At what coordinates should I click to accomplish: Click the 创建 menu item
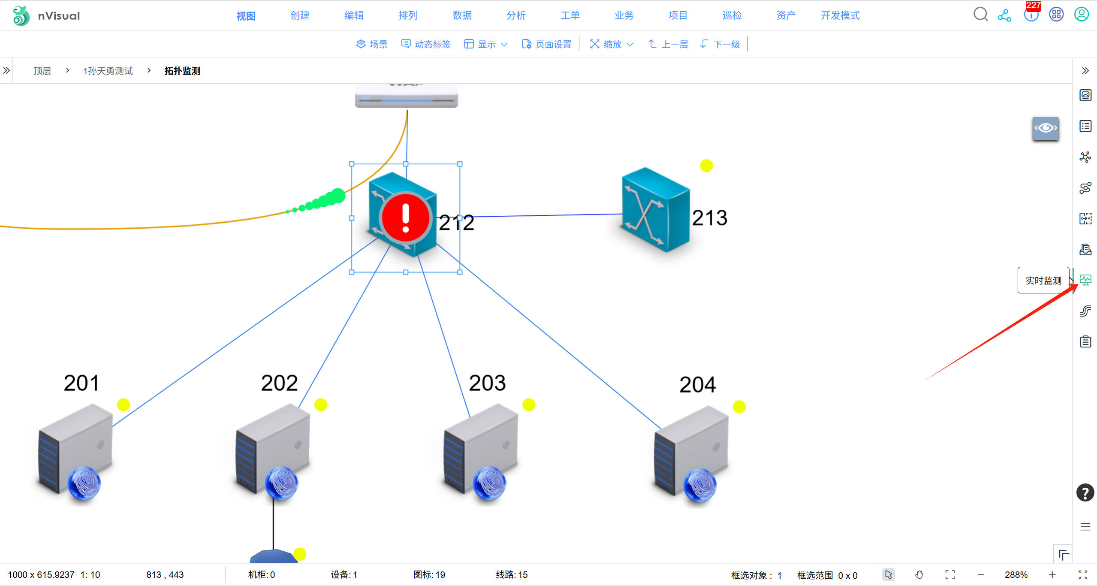point(300,15)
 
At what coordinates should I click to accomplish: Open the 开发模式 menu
point(840,15)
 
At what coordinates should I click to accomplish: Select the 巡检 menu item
point(732,15)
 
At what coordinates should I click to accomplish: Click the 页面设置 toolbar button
point(547,44)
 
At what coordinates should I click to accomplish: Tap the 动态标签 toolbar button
point(426,44)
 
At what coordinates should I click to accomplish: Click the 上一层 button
point(668,44)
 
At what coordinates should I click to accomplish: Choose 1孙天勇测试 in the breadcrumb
point(108,71)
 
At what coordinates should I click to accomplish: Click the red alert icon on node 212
point(405,217)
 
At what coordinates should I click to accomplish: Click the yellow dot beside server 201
point(124,405)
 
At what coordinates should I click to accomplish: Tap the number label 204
point(697,384)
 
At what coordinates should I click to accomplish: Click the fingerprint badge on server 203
point(489,483)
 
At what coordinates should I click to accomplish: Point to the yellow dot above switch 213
point(706,166)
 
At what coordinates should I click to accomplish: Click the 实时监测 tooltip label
point(1043,281)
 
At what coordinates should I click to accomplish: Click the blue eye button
point(1045,128)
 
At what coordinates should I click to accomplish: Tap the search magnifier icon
point(980,15)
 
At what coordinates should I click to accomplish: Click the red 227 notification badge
point(1033,6)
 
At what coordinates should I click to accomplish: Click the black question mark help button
point(1085,493)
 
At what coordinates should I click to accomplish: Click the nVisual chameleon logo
point(21,15)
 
